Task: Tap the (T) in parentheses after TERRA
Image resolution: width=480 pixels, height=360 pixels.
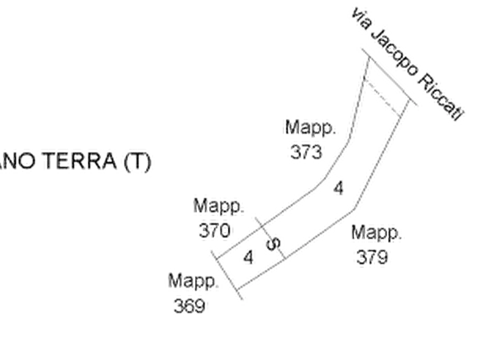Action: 138,161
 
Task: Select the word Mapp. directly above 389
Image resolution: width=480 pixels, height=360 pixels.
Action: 192,282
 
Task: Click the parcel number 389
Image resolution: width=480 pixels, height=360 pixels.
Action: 191,305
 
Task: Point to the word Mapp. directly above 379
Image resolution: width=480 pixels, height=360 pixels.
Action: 379,235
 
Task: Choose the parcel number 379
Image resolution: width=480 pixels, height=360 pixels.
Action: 371,258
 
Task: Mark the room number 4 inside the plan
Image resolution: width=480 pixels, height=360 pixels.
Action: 338,189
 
